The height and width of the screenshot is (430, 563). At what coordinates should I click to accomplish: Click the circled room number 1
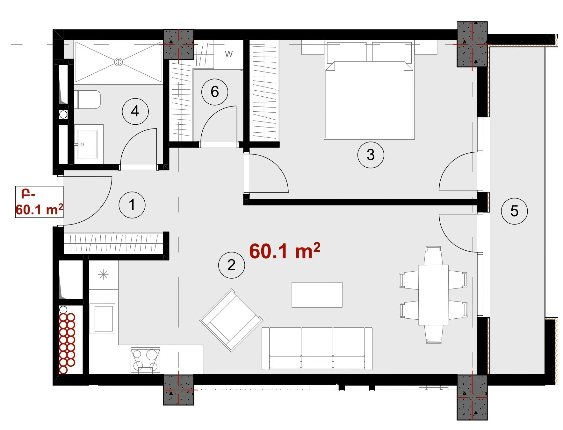coord(132,205)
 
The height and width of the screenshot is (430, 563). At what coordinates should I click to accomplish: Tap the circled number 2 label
coord(231,265)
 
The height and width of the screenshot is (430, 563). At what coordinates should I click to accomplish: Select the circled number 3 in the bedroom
coord(371,155)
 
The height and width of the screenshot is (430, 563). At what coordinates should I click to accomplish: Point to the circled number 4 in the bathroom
coord(135,111)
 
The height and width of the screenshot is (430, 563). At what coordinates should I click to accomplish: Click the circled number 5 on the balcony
coord(514,211)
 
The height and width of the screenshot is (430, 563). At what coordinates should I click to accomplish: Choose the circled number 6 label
coord(215,92)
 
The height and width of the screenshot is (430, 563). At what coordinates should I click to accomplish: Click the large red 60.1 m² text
coord(285,251)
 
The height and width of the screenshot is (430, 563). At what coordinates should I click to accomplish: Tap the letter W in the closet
coord(229,54)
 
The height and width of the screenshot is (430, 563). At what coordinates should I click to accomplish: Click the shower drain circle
coord(119,62)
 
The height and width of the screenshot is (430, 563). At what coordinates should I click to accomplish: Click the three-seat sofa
coord(317,348)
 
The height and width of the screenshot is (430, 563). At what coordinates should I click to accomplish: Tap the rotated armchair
coord(231,320)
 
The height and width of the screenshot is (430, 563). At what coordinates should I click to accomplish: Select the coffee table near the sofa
coord(317,295)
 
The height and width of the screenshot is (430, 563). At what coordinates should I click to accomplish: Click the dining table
coord(434,295)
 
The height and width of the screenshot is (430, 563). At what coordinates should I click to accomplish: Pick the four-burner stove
coord(145,360)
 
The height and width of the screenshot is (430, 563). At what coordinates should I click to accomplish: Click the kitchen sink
coord(102,319)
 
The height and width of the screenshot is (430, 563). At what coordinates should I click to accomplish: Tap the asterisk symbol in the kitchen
coord(103,274)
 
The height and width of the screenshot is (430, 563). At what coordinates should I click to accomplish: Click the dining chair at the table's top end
coord(433,256)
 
